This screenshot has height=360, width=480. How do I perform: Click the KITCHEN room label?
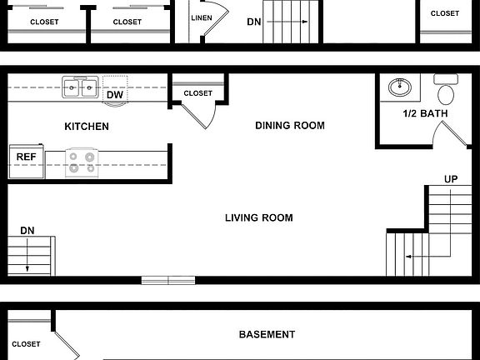(x=87, y=127)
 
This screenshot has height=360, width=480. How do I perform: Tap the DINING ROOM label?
(x=289, y=126)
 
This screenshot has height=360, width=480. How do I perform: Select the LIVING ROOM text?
(x=258, y=218)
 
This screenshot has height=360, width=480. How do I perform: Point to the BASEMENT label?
(x=267, y=335)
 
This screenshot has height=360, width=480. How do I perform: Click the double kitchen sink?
(x=80, y=87)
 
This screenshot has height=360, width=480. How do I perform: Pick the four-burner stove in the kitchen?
(x=82, y=161)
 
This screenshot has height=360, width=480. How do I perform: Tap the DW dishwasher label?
(x=114, y=95)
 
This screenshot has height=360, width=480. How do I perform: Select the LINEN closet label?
(x=201, y=17)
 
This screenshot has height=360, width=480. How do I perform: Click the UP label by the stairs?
(x=451, y=179)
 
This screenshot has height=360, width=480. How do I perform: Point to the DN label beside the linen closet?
(x=253, y=22)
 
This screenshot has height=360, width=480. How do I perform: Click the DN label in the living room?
(x=27, y=230)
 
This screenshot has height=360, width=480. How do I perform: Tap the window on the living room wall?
(x=168, y=280)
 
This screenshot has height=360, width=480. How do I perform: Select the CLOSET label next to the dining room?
(x=197, y=93)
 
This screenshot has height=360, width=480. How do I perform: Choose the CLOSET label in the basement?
(x=26, y=343)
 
